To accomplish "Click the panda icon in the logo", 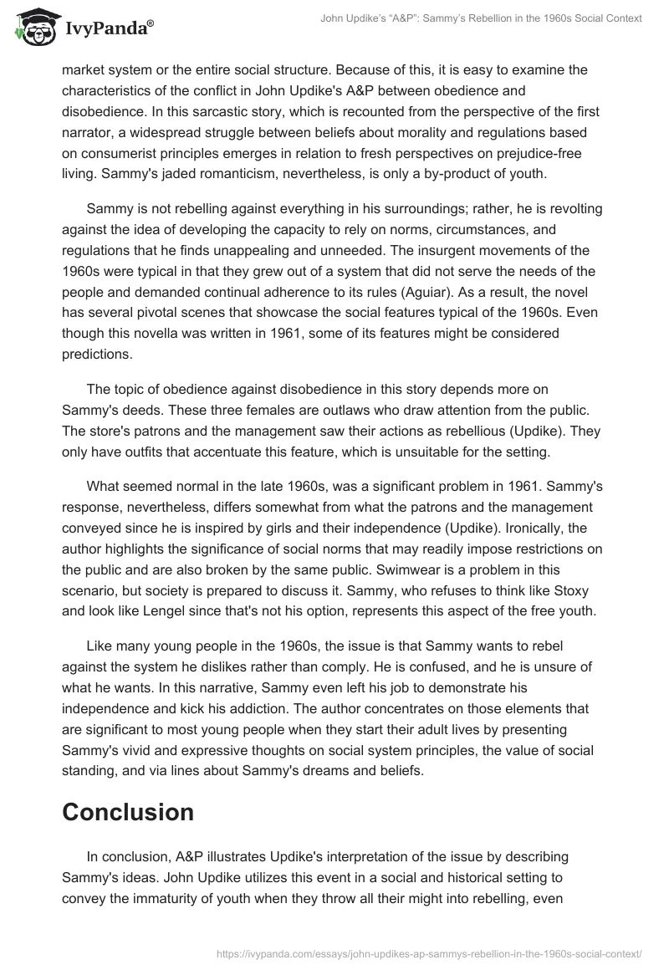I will pos(31,28).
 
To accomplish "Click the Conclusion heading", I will pos(128,811).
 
